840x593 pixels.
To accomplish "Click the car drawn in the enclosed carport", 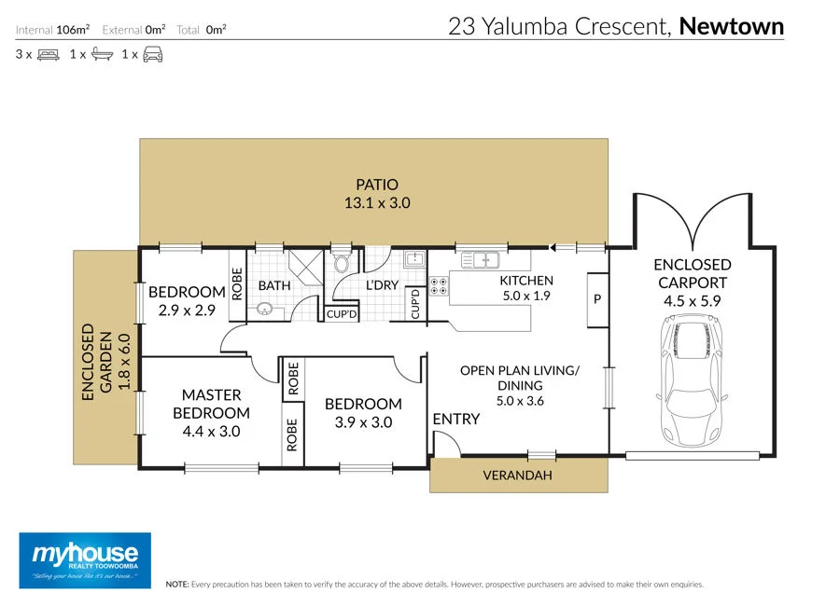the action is pyautogui.click(x=693, y=380).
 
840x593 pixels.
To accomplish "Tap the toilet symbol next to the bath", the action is pyautogui.click(x=341, y=262).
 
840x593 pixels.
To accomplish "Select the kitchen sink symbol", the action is pyautogui.click(x=480, y=260).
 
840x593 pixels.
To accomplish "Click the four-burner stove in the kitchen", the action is pyautogui.click(x=439, y=286).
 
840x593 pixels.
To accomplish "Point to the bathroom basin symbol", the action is pyautogui.click(x=264, y=309).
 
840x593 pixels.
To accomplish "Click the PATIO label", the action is pyautogui.click(x=377, y=185).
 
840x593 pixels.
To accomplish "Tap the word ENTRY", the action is pyautogui.click(x=455, y=419).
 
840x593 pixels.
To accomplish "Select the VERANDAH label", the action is pyautogui.click(x=517, y=476).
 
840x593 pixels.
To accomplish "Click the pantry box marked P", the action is pyautogui.click(x=598, y=299).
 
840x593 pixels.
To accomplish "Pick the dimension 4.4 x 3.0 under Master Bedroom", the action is pyautogui.click(x=211, y=432).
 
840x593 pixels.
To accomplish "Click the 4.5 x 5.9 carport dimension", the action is pyautogui.click(x=693, y=301).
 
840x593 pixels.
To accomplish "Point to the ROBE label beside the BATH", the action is pyautogui.click(x=237, y=283).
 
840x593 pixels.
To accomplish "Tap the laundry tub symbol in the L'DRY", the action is pyautogui.click(x=414, y=259).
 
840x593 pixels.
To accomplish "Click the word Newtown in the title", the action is pyautogui.click(x=731, y=26).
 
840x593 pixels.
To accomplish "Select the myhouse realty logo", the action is pyautogui.click(x=85, y=560).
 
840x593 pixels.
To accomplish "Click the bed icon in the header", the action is pyautogui.click(x=49, y=55).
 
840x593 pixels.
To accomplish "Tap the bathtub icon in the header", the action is pyautogui.click(x=102, y=54).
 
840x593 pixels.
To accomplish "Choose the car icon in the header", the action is pyautogui.click(x=153, y=55).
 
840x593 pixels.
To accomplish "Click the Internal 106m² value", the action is pyautogui.click(x=73, y=30).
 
